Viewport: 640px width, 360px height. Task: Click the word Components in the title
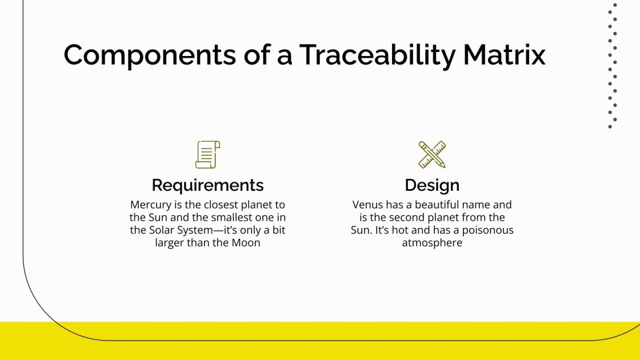tap(149, 55)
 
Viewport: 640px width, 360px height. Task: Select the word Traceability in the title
tap(378, 55)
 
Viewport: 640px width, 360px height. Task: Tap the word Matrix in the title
tap(505, 55)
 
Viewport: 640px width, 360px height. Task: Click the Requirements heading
tap(207, 185)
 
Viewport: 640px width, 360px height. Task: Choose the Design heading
tap(432, 185)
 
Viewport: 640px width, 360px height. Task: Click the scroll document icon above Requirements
tap(207, 155)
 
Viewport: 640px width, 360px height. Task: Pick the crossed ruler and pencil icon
tap(432, 155)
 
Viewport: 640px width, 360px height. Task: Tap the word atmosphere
tap(432, 243)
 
